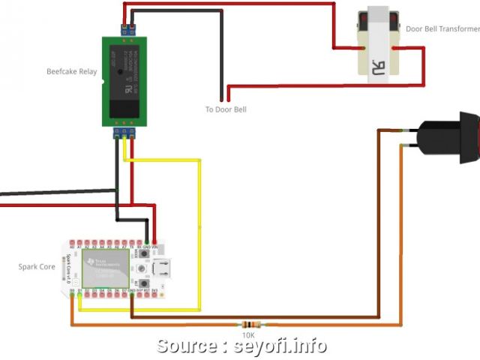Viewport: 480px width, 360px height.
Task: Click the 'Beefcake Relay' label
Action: point(72,72)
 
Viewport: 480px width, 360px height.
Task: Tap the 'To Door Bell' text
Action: point(226,109)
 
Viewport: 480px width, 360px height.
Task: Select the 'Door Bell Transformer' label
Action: point(442,29)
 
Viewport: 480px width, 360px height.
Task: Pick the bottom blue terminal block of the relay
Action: point(124,133)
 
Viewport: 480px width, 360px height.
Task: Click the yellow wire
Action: point(199,225)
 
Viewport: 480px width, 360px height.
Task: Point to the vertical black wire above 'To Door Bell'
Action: point(222,60)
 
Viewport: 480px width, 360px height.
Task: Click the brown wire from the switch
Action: point(377,225)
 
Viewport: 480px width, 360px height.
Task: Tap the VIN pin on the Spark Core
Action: point(154,246)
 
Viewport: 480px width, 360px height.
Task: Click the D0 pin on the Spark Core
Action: point(72,290)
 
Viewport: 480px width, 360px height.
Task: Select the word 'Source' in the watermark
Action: point(187,346)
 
